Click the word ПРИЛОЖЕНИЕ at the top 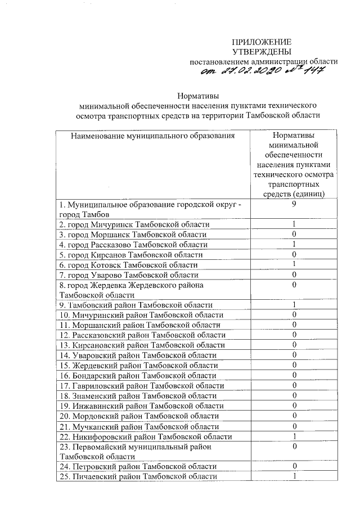[262, 42]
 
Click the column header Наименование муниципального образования [152, 136]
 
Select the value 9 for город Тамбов [294, 205]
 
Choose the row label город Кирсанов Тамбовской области [130, 255]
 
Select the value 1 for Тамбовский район [294, 305]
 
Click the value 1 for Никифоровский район [294, 436]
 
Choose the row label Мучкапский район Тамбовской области [138, 426]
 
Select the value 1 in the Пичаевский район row [294, 476]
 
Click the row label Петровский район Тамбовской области [137, 466]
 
